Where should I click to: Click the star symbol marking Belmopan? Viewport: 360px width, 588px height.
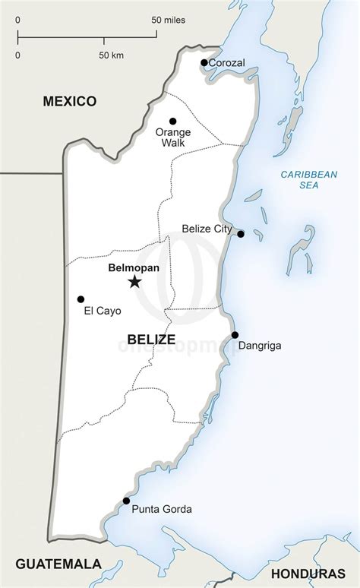[134, 282]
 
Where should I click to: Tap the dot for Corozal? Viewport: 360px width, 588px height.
[204, 63]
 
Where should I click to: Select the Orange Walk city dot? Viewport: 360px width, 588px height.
[172, 121]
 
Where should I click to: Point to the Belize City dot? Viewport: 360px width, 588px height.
[241, 234]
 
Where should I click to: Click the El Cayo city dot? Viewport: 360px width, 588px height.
[81, 299]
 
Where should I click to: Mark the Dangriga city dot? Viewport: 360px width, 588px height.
[235, 335]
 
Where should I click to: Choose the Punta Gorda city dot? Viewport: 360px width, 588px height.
[125, 501]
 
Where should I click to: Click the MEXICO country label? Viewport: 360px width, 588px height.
[70, 100]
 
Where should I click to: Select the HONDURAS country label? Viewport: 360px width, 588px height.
[312, 571]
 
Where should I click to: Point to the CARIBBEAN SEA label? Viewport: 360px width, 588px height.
[308, 179]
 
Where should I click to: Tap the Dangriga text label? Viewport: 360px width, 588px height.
[260, 346]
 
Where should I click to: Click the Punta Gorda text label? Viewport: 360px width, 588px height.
[162, 509]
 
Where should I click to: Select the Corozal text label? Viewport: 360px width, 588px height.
[226, 63]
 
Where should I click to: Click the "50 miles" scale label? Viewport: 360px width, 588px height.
[168, 20]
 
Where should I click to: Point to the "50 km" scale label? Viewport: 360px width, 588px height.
[111, 55]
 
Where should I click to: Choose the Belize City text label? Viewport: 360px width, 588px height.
[207, 229]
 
